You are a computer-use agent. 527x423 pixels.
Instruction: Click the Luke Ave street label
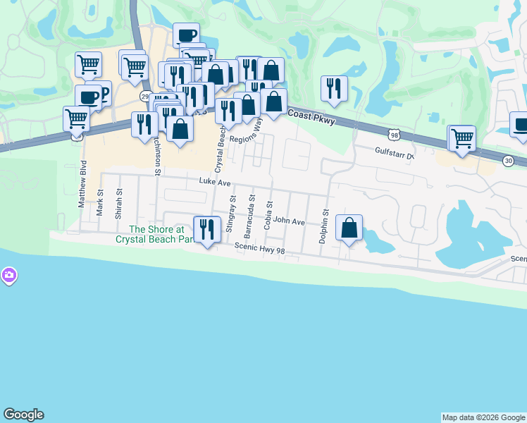(215, 182)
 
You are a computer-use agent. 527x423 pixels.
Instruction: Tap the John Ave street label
(289, 221)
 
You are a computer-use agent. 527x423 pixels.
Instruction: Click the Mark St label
(100, 202)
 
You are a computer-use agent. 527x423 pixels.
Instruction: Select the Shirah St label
(119, 201)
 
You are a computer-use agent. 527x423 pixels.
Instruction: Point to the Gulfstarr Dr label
(397, 151)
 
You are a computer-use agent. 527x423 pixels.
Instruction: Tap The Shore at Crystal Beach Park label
(156, 234)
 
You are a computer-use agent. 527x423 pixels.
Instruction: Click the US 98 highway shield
(394, 133)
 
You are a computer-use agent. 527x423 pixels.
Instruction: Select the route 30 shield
(508, 161)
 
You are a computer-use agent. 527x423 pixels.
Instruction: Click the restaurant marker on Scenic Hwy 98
(206, 229)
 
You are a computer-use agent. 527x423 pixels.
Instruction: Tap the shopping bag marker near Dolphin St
(349, 228)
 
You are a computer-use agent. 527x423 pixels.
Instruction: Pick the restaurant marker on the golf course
(333, 89)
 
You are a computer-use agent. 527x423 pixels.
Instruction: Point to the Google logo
(23, 415)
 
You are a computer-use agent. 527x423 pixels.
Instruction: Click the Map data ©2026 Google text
(483, 417)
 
